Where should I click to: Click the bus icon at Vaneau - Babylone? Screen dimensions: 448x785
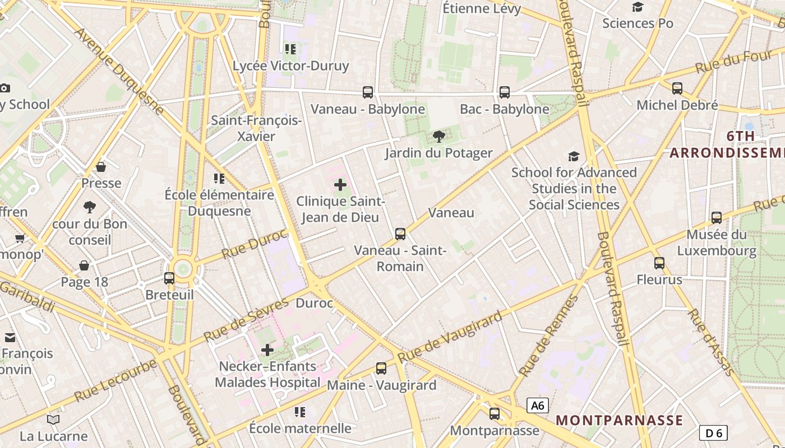[x=368, y=92]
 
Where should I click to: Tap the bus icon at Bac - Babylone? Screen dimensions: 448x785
[x=505, y=92]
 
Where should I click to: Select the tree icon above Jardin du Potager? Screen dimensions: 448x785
[x=439, y=136]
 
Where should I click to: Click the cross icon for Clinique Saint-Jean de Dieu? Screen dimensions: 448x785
[x=340, y=184]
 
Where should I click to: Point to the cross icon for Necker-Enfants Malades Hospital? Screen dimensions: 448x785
[x=267, y=350]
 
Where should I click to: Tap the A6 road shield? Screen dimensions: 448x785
[x=538, y=405]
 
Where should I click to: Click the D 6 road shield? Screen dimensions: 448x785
[x=714, y=432]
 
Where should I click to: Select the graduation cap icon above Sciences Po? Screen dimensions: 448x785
[x=638, y=7]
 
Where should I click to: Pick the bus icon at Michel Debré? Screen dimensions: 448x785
[x=677, y=88]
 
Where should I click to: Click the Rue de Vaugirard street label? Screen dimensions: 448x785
[x=450, y=338]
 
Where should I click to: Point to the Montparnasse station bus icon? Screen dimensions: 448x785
[x=495, y=414]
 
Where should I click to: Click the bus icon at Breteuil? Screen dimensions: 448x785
[x=169, y=278]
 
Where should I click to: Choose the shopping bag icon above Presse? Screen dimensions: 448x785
[x=101, y=167]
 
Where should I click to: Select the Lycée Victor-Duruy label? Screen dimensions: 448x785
[x=291, y=66]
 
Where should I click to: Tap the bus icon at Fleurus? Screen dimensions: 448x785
[x=659, y=263]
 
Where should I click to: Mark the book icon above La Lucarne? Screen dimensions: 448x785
[x=53, y=419]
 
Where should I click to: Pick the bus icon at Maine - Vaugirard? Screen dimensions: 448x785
[x=381, y=368]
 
